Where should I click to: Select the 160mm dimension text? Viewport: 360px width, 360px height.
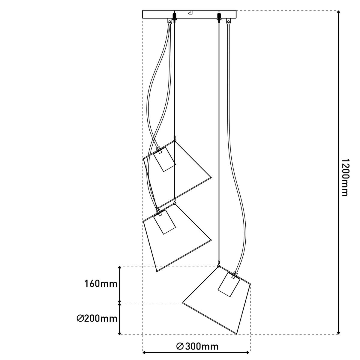(101, 283)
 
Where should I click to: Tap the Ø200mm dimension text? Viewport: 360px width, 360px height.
(97, 318)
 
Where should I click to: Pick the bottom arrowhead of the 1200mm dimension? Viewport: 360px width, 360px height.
(339, 331)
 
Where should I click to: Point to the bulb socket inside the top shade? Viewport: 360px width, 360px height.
(164, 160)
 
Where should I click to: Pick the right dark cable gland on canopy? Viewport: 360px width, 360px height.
(219, 16)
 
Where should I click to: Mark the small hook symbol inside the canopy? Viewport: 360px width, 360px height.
(190, 13)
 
